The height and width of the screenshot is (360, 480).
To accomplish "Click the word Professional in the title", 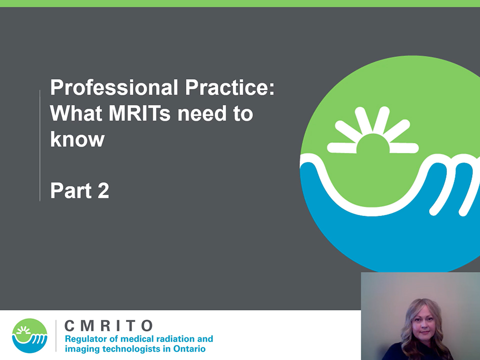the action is click(114, 87).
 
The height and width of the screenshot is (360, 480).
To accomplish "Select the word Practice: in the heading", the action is click(230, 87).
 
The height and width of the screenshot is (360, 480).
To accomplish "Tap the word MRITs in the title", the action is click(139, 113).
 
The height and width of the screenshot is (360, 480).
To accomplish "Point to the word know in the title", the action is click(77, 139).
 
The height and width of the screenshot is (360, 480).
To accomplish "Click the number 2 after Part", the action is click(103, 190).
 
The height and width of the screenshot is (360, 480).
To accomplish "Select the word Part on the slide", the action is click(71, 190).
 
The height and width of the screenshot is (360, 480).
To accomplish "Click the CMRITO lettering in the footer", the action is click(108, 326).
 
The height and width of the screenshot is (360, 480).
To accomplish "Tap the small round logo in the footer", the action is click(29, 336).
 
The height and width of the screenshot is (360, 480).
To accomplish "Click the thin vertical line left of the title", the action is click(40, 145).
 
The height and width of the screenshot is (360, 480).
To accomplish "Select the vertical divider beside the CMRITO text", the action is click(56, 336).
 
